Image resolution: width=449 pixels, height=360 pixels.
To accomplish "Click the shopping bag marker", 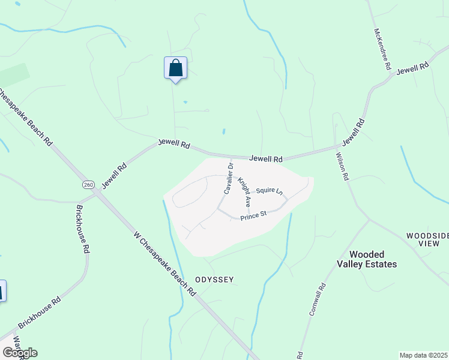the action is (175, 68).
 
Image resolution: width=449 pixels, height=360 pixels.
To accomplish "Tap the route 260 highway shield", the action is (89, 184).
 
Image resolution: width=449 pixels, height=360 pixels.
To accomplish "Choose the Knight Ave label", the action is (244, 192).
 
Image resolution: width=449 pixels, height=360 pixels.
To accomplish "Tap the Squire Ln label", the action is (269, 191).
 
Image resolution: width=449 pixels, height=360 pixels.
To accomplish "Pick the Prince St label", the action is (253, 216).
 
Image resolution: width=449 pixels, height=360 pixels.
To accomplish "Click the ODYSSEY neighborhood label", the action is (214, 280).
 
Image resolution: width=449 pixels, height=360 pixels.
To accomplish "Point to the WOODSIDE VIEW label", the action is (426, 240).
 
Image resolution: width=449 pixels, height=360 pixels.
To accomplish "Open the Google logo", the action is (19, 353).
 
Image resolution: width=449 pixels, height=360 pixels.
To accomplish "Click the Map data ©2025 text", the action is (423, 355).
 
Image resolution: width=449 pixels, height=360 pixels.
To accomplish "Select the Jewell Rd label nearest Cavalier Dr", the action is (266, 159).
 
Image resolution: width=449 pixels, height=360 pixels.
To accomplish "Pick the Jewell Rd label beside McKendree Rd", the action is (412, 68).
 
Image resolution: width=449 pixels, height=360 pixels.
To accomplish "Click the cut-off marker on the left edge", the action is (2, 291).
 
